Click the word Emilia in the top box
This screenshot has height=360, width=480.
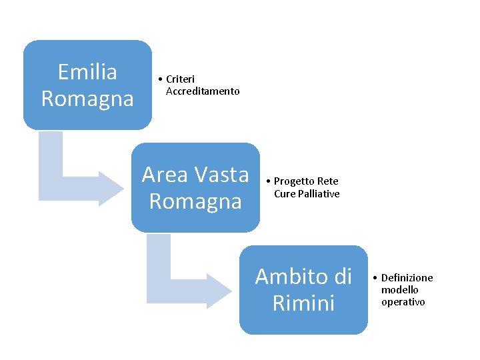87,71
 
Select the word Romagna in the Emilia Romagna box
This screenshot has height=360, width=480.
87,99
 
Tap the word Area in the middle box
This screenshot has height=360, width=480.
165,174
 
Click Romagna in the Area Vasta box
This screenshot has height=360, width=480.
195,201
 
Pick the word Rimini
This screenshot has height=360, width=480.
303,303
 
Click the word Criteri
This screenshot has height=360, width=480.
180,79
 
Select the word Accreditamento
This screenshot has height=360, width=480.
203,91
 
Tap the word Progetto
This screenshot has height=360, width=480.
295,181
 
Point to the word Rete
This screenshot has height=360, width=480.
328,181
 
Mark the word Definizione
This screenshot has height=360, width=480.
407,277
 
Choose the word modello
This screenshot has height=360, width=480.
400,289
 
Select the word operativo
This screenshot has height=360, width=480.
403,301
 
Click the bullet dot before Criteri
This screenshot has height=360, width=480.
161,79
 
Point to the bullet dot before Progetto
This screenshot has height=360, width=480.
268,181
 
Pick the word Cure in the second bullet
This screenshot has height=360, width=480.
285,193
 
